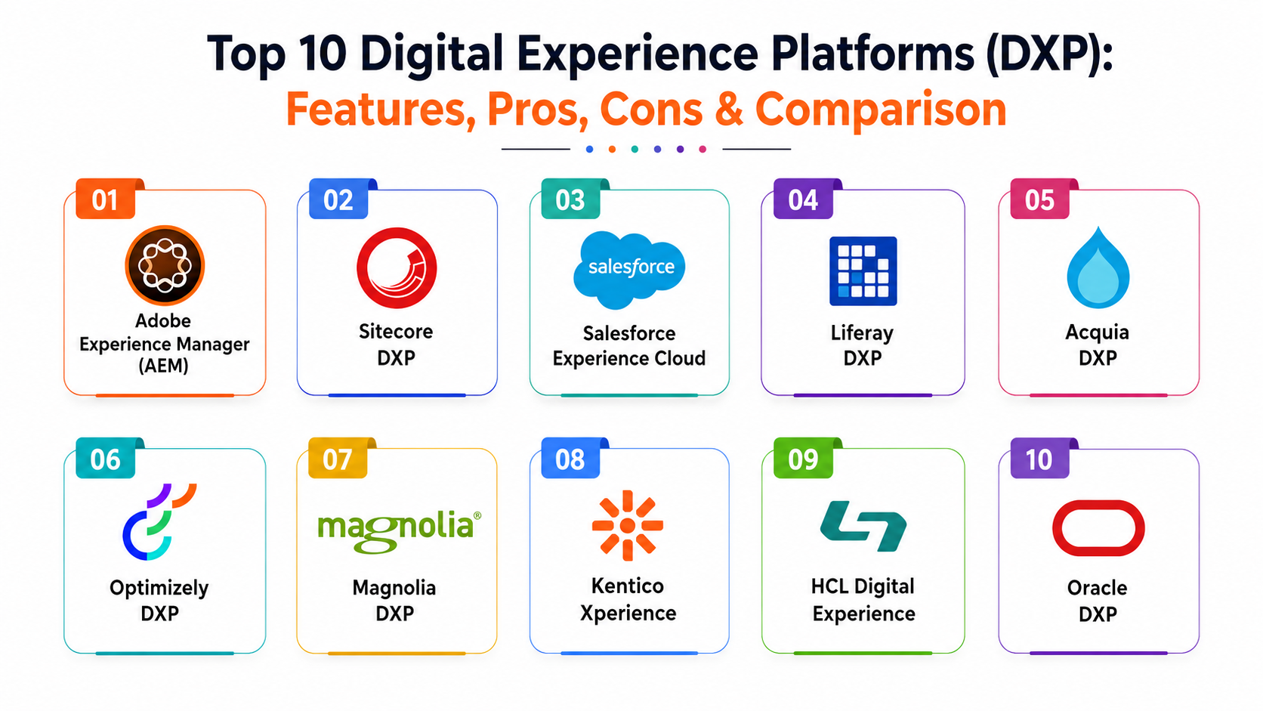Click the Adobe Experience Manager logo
165,265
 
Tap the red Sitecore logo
397,267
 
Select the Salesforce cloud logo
629,270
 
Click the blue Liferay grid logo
863,270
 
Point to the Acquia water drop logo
1098,268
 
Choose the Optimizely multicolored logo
159,521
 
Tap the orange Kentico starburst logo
628,525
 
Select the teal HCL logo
863,525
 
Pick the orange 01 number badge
106,199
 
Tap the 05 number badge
1039,199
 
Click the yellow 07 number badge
338,459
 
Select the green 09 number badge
803,459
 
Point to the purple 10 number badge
1039,459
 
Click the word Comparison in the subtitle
881,110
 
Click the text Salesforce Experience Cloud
629,345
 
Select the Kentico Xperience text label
628,599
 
